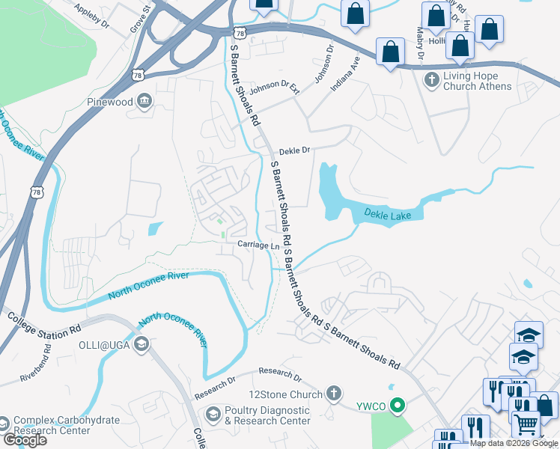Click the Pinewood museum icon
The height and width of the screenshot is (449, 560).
pos(145,102)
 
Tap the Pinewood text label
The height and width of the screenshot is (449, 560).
pos(109,102)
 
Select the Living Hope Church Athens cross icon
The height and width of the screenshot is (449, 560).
pos(431,79)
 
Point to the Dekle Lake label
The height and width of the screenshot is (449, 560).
pos(393,215)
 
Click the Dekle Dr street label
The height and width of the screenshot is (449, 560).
pos(294,150)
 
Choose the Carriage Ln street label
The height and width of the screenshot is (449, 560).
pos(259,245)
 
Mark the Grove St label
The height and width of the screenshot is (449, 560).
pos(140,17)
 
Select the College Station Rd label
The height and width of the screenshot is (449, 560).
pos(44,324)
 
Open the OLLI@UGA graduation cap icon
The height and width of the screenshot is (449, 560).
pos(141,344)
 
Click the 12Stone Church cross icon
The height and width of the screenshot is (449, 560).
pos(334,394)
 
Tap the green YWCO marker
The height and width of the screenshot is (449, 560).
pos(398,407)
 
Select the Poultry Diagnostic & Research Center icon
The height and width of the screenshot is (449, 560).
pos(213,415)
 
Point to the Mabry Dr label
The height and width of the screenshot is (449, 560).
pos(420,43)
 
